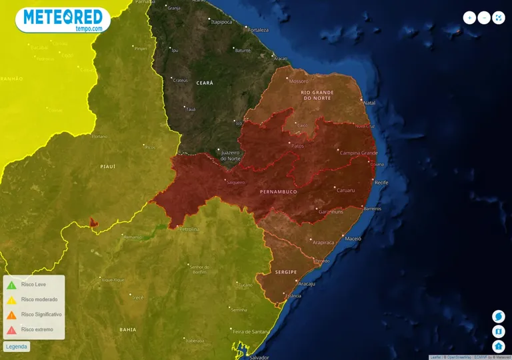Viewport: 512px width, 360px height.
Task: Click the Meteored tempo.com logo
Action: [x=63, y=20]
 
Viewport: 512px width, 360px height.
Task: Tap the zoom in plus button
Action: [x=470, y=18]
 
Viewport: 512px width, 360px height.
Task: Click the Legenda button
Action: [x=17, y=347]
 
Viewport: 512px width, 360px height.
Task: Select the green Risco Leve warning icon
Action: [x=11, y=285]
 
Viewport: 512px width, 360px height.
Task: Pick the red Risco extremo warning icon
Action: [x=11, y=329]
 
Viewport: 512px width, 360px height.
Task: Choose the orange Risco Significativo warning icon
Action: [x=11, y=315]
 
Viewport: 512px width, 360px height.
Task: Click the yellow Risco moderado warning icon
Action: [x=11, y=300]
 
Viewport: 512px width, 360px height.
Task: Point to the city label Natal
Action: [x=369, y=103]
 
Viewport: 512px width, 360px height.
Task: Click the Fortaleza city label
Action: [x=257, y=30]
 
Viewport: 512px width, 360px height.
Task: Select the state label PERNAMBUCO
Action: [x=278, y=191]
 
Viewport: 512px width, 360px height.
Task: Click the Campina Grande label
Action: [x=359, y=153]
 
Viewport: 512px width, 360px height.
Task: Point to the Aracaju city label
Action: [x=307, y=283]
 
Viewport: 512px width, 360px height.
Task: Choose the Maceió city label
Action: [x=353, y=238]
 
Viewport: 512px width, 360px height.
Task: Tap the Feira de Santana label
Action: [x=251, y=331]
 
